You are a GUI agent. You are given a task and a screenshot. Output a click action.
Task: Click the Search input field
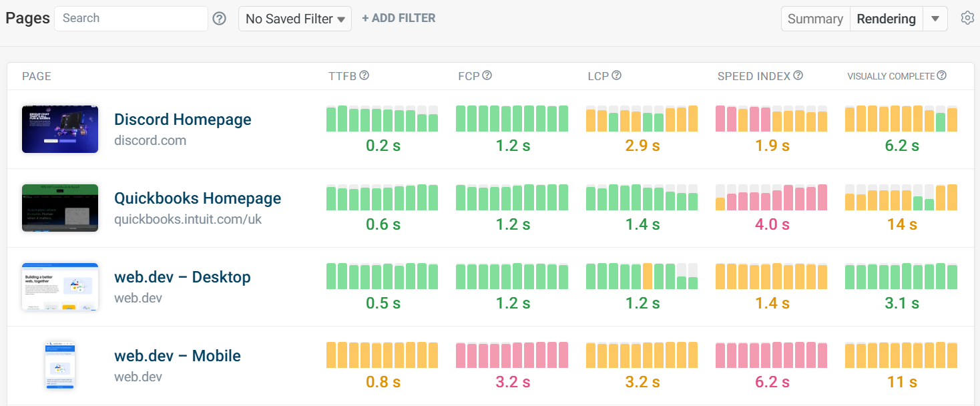[x=131, y=19]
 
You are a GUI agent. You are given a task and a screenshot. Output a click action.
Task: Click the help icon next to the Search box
[x=219, y=19]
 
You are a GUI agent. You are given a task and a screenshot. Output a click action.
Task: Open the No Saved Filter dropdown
[x=295, y=19]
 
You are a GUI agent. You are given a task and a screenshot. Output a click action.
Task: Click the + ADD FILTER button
[x=399, y=19]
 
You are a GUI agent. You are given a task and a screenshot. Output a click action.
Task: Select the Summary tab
[x=815, y=19]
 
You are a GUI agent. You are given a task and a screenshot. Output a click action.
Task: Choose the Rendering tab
[x=886, y=19]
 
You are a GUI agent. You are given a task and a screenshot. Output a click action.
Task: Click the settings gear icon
[x=967, y=18]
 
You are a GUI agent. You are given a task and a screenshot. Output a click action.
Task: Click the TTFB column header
[x=342, y=76]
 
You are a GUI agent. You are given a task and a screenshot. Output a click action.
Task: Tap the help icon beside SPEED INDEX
[x=798, y=75]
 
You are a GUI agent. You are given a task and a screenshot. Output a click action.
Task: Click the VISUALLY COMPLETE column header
[x=891, y=76]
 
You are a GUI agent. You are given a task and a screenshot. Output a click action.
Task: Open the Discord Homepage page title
[x=183, y=120]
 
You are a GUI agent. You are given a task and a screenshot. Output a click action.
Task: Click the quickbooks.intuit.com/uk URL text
[x=188, y=219]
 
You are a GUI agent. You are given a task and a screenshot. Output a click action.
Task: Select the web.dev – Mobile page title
[x=178, y=356]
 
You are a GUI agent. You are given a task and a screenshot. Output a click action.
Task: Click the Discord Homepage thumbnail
[x=60, y=129]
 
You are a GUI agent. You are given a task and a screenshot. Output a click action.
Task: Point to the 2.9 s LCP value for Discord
[x=642, y=146]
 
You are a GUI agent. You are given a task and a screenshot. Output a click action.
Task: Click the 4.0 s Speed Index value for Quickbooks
[x=772, y=224]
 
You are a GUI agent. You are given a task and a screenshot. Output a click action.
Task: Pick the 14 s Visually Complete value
[x=901, y=224]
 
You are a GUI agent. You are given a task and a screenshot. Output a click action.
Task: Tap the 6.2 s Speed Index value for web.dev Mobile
[x=772, y=382]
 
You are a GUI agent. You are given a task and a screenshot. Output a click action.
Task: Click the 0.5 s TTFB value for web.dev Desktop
[x=383, y=303]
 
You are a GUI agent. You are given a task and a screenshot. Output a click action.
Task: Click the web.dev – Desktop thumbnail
[x=60, y=286]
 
